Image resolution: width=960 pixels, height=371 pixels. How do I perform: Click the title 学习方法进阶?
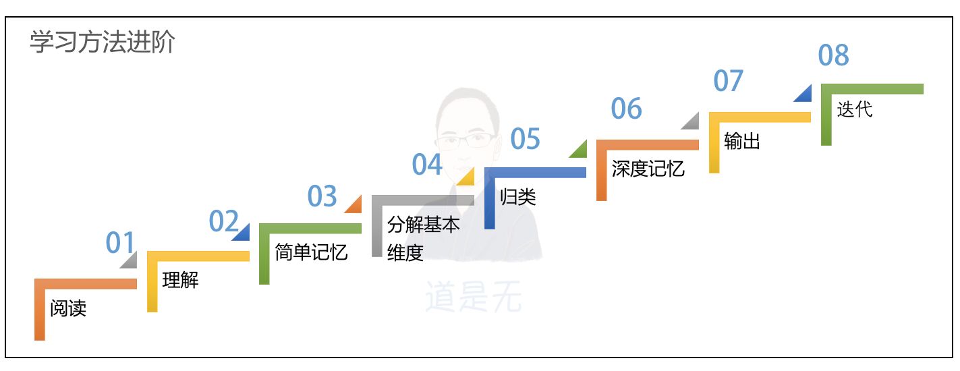102,42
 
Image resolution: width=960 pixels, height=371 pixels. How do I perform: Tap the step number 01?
120,242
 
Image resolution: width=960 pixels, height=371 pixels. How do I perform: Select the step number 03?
322,196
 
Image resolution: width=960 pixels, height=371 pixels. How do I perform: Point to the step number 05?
525,139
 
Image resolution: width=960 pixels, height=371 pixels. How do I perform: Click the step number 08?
834,55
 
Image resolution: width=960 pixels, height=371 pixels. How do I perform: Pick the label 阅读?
68,308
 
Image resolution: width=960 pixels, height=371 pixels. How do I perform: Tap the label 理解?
180,280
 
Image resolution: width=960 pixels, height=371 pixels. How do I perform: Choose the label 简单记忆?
311,252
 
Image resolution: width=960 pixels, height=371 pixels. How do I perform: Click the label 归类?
517,197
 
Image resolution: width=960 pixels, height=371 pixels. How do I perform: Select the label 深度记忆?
648,169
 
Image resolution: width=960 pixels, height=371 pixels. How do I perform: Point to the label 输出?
742,141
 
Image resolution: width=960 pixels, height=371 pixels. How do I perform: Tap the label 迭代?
855,109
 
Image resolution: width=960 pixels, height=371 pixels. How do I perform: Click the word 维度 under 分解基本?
405,253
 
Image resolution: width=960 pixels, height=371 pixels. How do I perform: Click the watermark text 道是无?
473,296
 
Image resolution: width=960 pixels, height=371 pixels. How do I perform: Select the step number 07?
728,81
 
